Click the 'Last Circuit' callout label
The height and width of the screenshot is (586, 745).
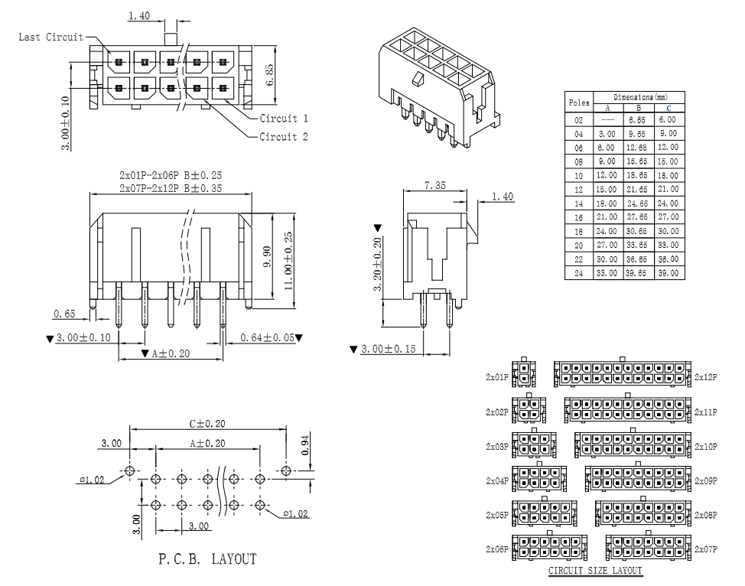pos(50,37)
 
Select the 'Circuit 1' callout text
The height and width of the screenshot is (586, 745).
pos(284,119)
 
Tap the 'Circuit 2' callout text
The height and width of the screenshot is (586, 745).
pos(284,137)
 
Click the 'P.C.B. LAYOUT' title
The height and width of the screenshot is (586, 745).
pos(207,560)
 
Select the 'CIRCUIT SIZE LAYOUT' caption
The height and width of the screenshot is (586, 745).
pos(595,571)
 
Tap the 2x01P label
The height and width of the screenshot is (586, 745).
pos(496,377)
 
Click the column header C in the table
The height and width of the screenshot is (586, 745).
pos(669,107)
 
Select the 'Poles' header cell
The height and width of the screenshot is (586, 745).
pos(578,102)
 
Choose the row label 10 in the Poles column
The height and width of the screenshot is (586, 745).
pos(578,175)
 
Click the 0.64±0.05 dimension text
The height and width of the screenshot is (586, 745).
pos(267,337)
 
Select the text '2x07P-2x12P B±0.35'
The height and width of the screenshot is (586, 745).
pos(171,188)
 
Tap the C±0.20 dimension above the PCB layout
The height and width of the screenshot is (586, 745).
pos(207,423)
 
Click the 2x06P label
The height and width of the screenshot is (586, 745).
pos(496,549)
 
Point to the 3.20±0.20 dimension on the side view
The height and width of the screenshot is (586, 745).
pos(376,264)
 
